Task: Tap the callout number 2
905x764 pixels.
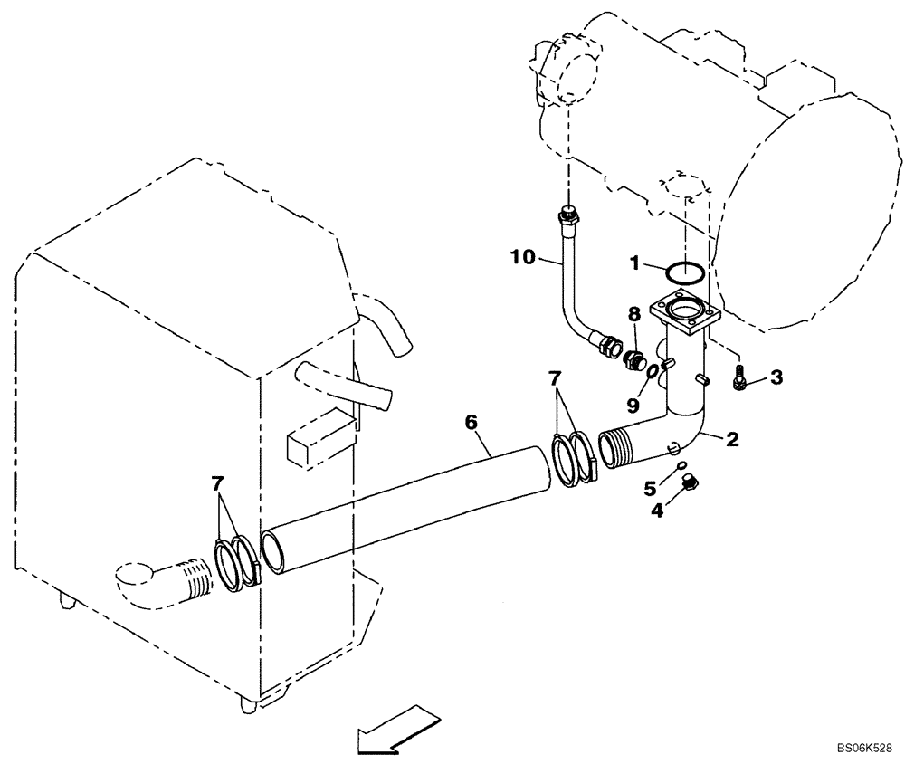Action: (x=732, y=440)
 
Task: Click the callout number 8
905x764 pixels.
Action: (x=634, y=314)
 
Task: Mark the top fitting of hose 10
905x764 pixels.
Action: (x=567, y=216)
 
